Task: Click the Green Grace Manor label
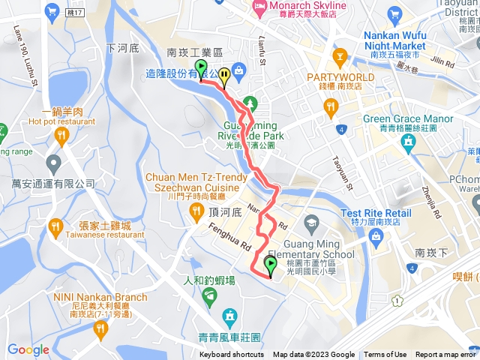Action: pos(408,118)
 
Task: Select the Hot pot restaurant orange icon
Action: pos(61,136)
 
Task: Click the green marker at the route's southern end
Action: pos(270,266)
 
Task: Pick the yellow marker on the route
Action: pos(224,77)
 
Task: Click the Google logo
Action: pos(28,349)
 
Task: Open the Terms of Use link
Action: pos(386,355)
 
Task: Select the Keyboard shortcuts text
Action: pos(232,355)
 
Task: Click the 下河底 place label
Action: pos(123,48)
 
